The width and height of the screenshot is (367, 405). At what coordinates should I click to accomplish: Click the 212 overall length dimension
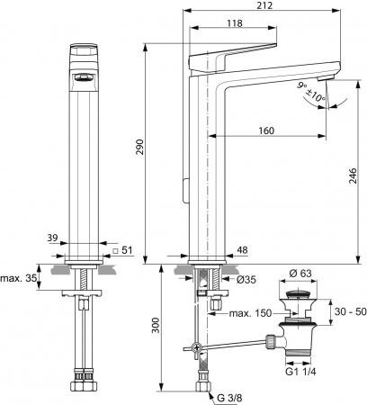tap(264, 5)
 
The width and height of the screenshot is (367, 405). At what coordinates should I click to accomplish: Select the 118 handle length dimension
tap(235, 23)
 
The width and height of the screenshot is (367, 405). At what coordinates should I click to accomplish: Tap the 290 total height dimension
tap(139, 147)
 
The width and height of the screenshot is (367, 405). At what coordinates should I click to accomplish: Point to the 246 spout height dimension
tap(353, 176)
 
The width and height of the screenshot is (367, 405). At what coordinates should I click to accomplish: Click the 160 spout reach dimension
tap(266, 130)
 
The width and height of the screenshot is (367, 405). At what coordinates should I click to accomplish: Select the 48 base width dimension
tap(242, 250)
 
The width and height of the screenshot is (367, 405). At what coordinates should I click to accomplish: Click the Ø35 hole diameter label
tap(246, 280)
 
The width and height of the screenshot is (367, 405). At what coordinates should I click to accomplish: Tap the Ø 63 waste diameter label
tap(300, 274)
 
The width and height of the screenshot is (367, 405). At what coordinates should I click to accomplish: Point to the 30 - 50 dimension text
tap(351, 311)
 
